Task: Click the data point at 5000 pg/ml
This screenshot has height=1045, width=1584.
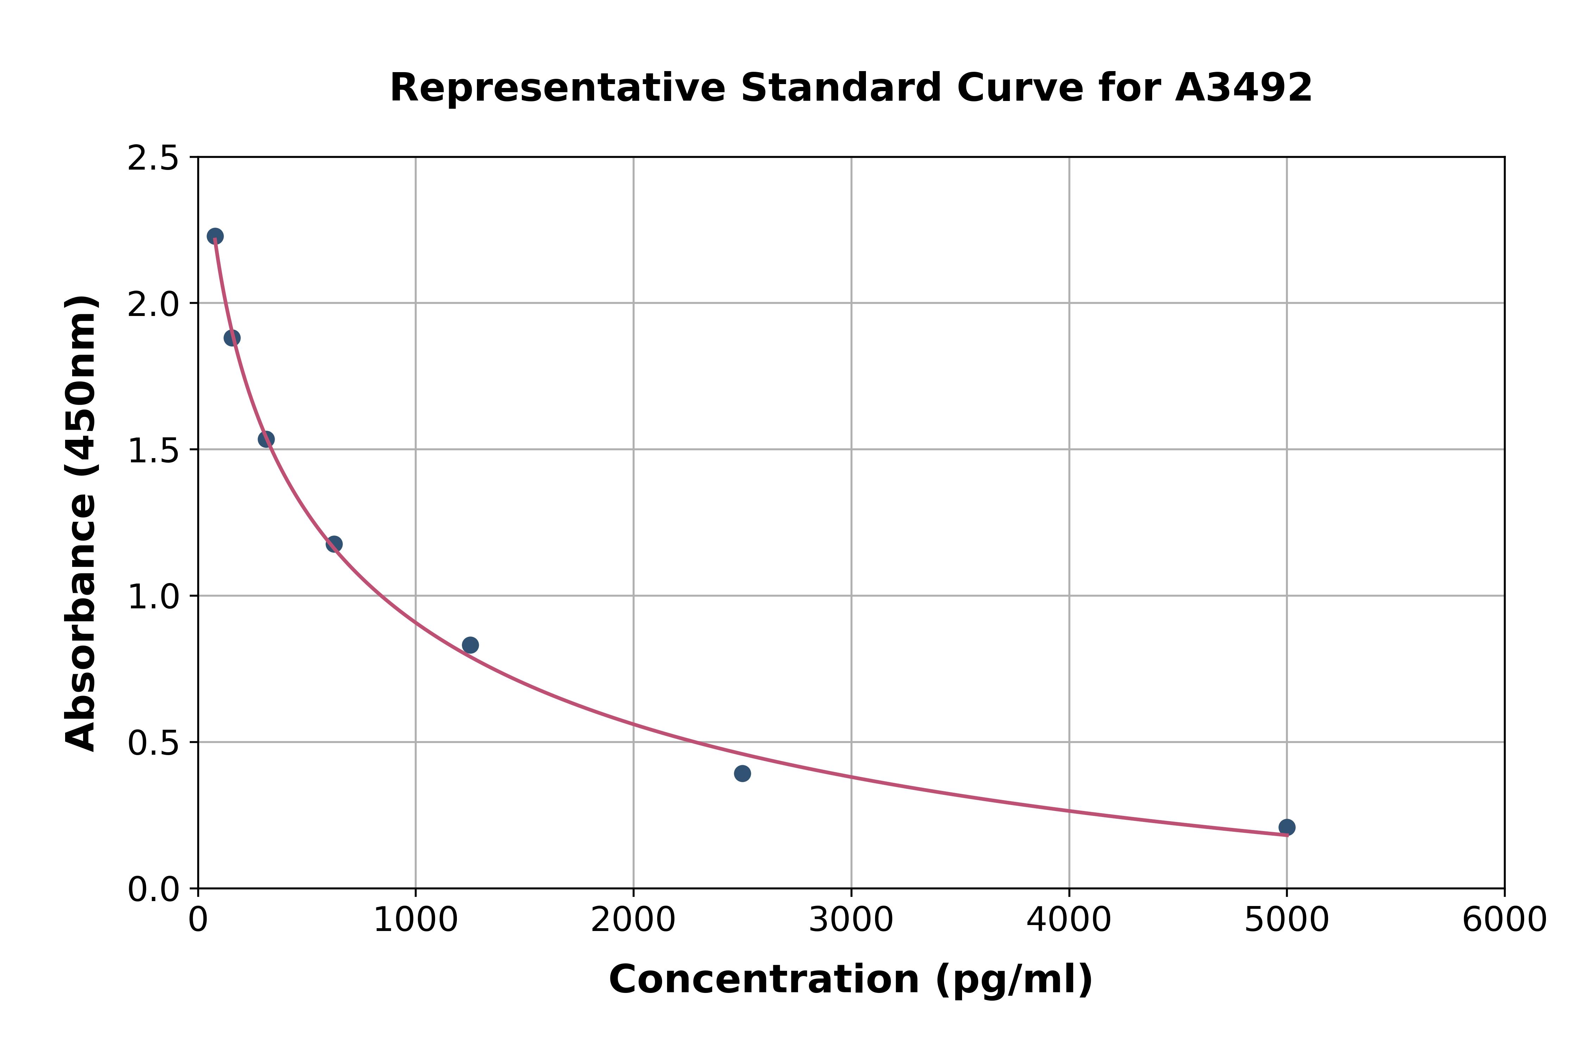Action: pyautogui.click(x=1287, y=827)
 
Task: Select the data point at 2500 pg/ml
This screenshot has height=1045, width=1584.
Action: pyautogui.click(x=742, y=773)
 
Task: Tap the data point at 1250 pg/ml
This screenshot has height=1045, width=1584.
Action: pyautogui.click(x=470, y=645)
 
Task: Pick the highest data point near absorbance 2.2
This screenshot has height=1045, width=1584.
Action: pyautogui.click(x=215, y=236)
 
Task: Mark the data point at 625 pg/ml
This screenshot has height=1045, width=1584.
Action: pyautogui.click(x=334, y=544)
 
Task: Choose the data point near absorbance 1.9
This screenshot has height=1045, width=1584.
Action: pyautogui.click(x=232, y=338)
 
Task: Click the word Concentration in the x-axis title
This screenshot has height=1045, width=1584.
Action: pyautogui.click(x=764, y=980)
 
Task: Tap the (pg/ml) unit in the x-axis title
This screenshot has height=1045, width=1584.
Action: pyautogui.click(x=1013, y=980)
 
